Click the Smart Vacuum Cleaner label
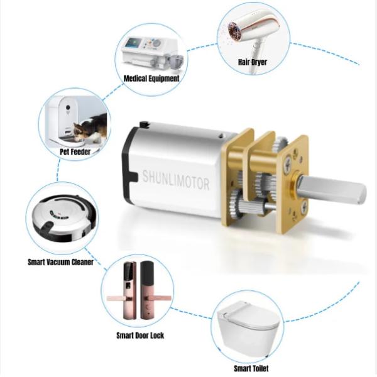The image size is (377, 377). pyautogui.click(x=60, y=261)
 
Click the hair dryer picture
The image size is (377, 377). pyautogui.click(x=248, y=35)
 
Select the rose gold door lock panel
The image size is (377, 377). pyautogui.click(x=123, y=286)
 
